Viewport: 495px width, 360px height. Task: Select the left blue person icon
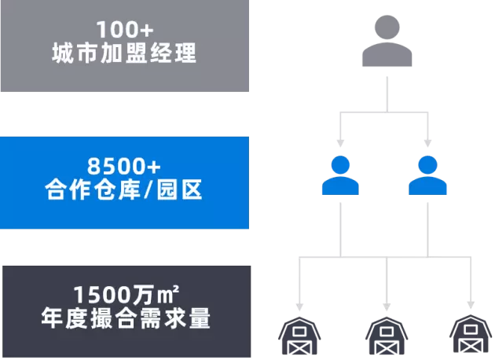click(340, 175)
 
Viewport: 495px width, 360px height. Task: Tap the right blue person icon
click(428, 175)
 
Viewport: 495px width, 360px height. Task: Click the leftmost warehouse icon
click(299, 337)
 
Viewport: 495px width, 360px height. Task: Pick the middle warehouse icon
click(387, 337)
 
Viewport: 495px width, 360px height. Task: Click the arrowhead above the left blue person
click(340, 143)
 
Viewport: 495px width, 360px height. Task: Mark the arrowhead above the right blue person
click(428, 143)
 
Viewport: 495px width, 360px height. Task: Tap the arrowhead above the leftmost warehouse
click(299, 305)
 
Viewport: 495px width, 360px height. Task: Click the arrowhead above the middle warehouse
click(387, 305)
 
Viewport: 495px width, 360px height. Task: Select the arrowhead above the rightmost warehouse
click(471, 303)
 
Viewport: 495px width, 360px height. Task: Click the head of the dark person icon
click(387, 28)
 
